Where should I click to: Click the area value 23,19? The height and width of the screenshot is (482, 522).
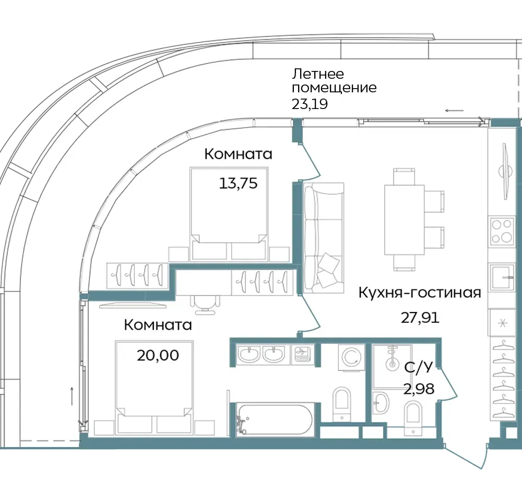(x=310, y=104)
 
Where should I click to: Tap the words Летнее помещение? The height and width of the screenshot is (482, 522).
(x=334, y=81)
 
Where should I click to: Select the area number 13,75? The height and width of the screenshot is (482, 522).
(x=239, y=183)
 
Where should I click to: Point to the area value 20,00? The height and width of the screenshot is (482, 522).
(x=158, y=355)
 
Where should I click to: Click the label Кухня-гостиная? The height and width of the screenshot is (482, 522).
(x=420, y=293)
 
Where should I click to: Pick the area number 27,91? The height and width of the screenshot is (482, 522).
(x=420, y=318)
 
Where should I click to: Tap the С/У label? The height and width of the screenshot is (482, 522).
(x=419, y=368)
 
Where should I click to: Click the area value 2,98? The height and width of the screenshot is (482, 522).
(x=419, y=389)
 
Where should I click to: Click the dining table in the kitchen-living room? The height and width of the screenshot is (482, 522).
(x=404, y=220)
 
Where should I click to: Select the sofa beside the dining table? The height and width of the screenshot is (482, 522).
(x=324, y=238)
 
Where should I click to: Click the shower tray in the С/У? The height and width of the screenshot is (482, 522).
(x=392, y=366)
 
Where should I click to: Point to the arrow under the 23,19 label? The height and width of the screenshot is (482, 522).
(x=455, y=111)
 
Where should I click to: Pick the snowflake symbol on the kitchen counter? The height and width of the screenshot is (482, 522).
(x=503, y=323)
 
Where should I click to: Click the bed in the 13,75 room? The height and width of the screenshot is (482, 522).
(x=229, y=214)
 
